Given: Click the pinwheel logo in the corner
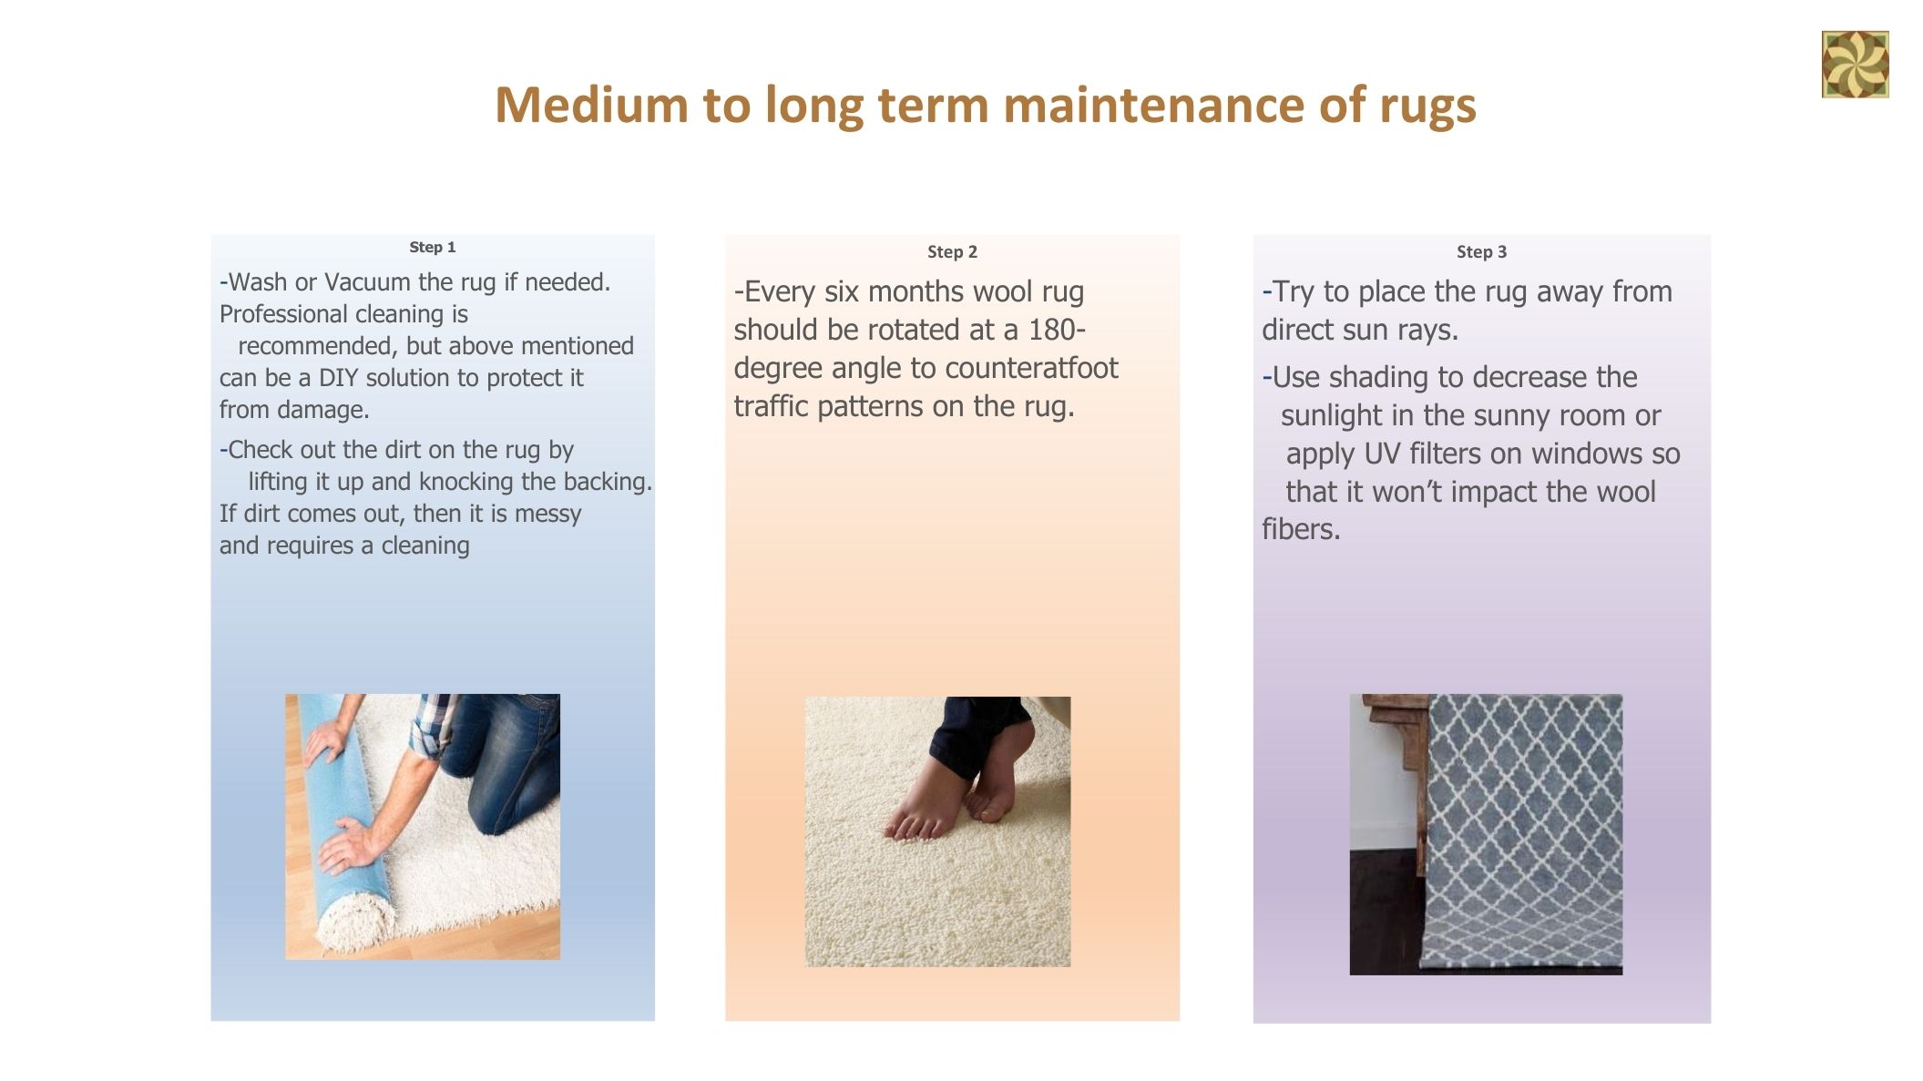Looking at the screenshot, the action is coord(1855,64).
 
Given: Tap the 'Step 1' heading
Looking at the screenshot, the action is coord(432,247).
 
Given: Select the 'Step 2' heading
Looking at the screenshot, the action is coord(952,251).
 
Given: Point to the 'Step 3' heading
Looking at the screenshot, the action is coord(1481,251).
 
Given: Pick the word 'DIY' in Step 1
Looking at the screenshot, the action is coord(338,378).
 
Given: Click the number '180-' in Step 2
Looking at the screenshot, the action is coord(1057,330).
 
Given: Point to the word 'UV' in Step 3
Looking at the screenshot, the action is coord(1382,454).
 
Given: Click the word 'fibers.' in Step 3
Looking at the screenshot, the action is coord(1301,529).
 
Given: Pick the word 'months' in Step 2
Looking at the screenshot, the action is coord(921,291).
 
